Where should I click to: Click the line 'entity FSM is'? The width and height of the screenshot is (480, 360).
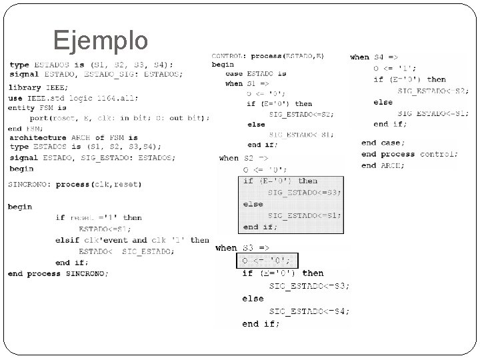pyautogui.click(x=37, y=108)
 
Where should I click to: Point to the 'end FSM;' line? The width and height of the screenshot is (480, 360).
pyautogui.click(x=25, y=128)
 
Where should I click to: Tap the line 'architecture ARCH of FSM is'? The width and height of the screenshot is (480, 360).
pyautogui.click(x=73, y=137)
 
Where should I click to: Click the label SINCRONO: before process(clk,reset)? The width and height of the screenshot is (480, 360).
pyautogui.click(x=30, y=184)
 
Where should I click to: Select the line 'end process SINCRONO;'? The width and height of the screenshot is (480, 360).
pyautogui.click(x=58, y=273)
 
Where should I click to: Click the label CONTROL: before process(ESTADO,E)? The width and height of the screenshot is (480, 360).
pyautogui.click(x=229, y=55)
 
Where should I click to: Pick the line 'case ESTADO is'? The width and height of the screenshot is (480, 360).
pyautogui.click(x=255, y=74)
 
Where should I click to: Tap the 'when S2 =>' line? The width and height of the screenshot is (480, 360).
pyautogui.click(x=243, y=158)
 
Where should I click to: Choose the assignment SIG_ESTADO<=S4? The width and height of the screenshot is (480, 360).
pyautogui.click(x=309, y=311)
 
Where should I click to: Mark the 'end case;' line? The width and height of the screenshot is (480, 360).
pyautogui.click(x=381, y=143)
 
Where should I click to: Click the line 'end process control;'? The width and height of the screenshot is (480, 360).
pyautogui.click(x=409, y=155)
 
